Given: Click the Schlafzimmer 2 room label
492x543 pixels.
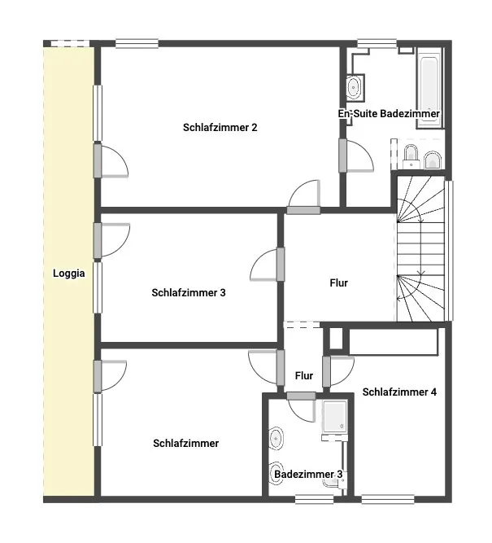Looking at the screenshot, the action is (x=220, y=128).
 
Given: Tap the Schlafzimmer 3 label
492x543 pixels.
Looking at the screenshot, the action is (x=189, y=292).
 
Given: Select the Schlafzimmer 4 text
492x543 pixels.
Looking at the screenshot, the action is (x=399, y=392).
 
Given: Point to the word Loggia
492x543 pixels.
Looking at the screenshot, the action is (x=69, y=274).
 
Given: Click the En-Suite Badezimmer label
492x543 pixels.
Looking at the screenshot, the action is (x=389, y=114).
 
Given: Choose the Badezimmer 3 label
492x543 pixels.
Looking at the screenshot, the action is (x=308, y=474).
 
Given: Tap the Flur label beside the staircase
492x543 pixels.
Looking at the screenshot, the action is (x=339, y=283).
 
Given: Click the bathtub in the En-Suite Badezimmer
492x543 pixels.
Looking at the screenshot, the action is (x=429, y=88).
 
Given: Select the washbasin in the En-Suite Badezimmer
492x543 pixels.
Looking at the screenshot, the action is (x=354, y=87).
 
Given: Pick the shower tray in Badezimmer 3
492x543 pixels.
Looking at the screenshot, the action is (x=334, y=417).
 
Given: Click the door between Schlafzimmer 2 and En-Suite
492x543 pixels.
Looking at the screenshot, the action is (x=356, y=155).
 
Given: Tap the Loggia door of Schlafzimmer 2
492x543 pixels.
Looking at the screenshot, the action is (x=111, y=161).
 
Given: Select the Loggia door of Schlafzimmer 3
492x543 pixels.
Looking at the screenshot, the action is (x=111, y=240).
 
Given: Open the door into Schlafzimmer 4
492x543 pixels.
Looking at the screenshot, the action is (x=338, y=371).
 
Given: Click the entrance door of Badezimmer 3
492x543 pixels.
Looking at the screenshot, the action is (x=301, y=407).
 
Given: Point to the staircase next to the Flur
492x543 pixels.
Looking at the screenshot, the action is (x=420, y=248).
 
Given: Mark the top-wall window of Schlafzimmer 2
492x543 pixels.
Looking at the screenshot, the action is (x=137, y=44).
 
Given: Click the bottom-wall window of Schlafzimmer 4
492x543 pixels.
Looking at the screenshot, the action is (x=388, y=499).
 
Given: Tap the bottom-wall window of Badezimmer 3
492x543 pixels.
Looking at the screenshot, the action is (x=314, y=499).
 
